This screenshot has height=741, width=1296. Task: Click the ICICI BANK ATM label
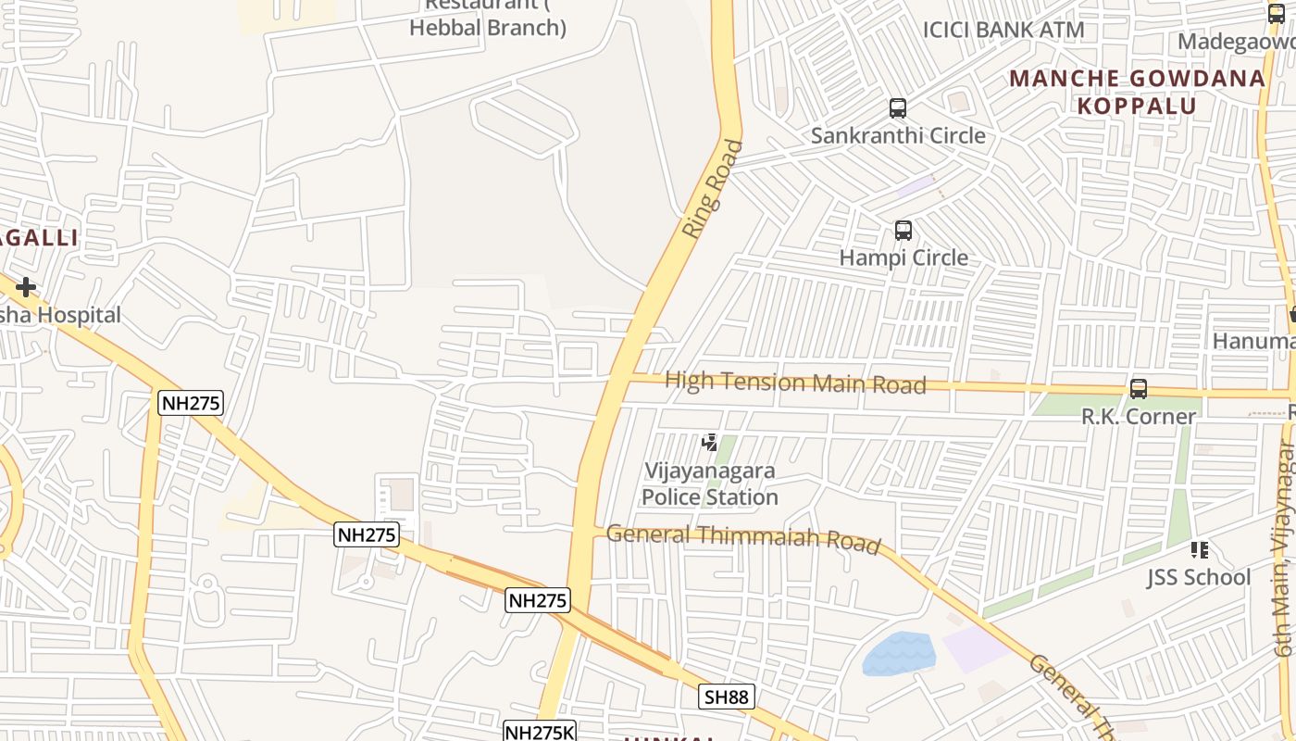1003,30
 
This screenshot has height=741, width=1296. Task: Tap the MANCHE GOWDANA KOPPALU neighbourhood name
1137,92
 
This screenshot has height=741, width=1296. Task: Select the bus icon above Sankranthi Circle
897,108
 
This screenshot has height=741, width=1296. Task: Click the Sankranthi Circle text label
898,136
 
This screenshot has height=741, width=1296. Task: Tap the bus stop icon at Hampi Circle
903,231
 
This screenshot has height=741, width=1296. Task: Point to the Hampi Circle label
903,257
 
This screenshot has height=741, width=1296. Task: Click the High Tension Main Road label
795,382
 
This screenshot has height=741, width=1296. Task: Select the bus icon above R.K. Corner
1138,389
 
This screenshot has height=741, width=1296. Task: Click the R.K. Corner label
1138,417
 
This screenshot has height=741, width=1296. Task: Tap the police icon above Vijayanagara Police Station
710,443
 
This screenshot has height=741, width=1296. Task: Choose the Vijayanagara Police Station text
710,484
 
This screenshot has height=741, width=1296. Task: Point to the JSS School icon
1200,550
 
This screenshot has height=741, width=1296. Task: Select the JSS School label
1199,578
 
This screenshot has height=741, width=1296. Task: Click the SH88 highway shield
727,697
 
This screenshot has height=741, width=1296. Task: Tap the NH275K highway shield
540,732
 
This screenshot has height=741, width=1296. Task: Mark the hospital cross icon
25,287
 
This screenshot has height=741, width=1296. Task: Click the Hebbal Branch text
487,28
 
